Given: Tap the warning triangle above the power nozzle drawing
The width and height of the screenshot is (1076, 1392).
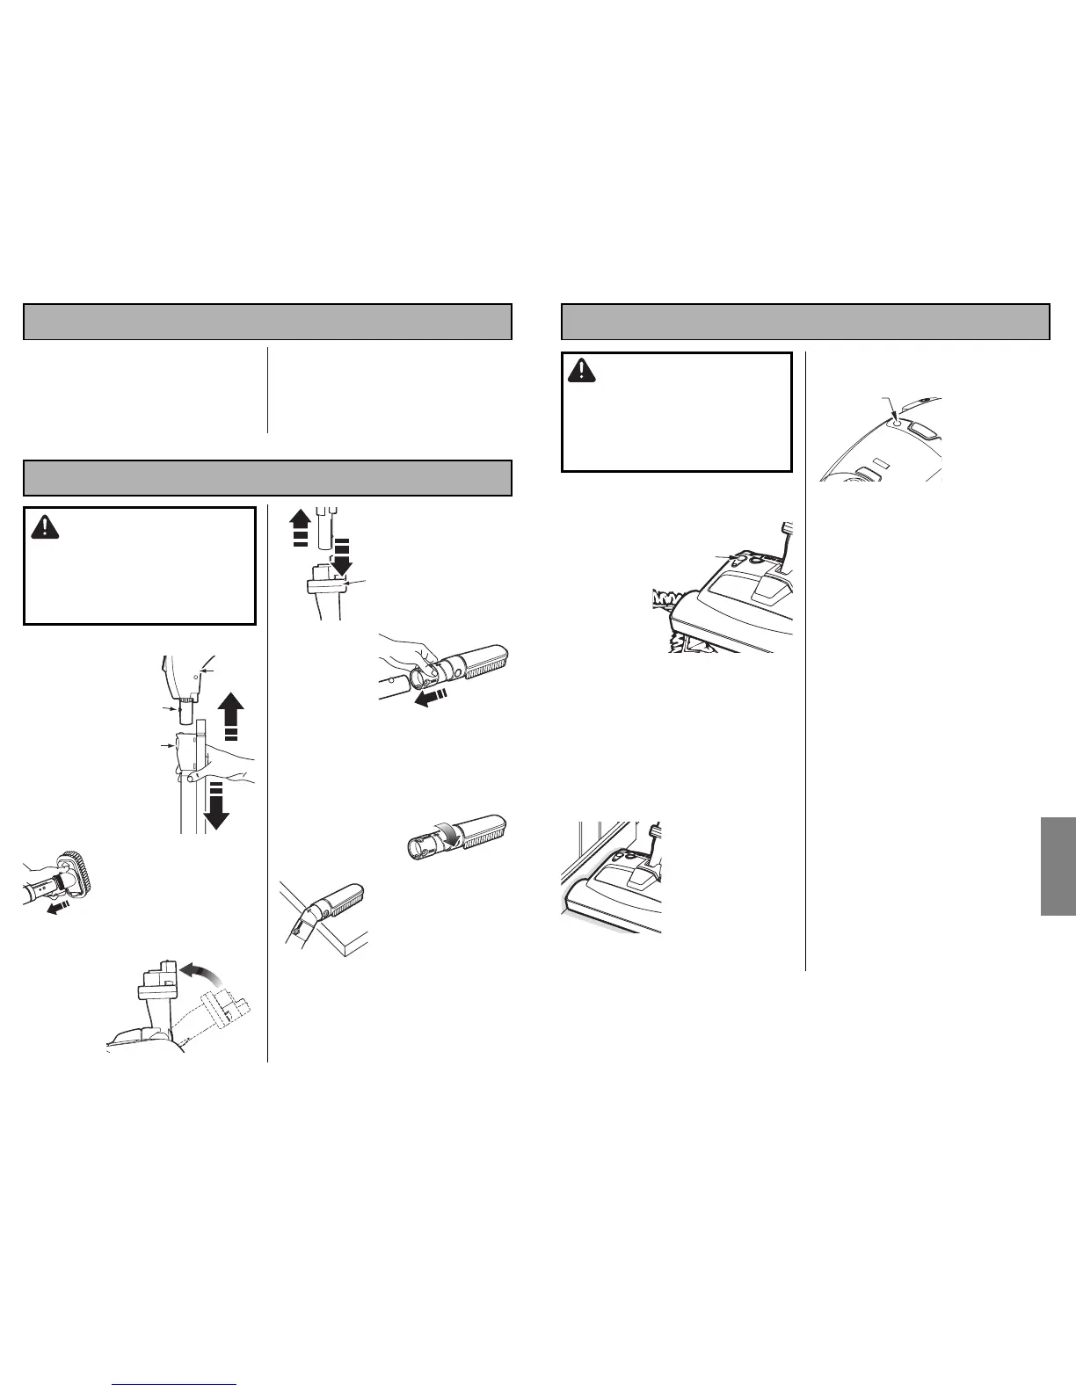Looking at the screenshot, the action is coord(581,371).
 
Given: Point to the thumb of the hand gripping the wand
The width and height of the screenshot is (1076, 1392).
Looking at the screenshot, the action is coord(188,777).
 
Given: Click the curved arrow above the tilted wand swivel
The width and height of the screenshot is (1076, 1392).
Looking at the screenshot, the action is coord(205,972).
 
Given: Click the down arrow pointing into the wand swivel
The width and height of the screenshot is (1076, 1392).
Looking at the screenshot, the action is coord(341,559).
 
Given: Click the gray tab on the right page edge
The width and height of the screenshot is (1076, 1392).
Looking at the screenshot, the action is coord(1058,866).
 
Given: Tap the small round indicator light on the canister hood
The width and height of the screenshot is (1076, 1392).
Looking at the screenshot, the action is coord(896,423).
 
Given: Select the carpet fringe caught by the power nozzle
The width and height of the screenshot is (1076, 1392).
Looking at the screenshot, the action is coord(669,606).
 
